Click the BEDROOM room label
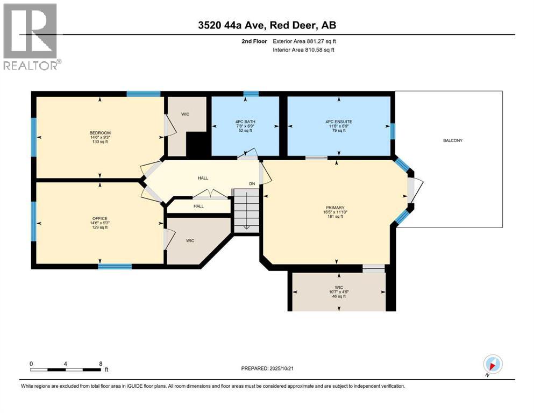(x=100, y=133)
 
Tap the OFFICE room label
(x=100, y=218)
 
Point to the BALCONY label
(x=452, y=140)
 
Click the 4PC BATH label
(x=245, y=122)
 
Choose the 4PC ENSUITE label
(x=339, y=122)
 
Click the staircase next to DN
(x=245, y=211)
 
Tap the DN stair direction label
(x=251, y=184)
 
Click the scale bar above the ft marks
(x=66, y=369)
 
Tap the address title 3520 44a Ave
(x=267, y=25)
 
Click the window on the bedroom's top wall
(x=143, y=94)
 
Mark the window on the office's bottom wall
(x=115, y=266)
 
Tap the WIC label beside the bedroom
(x=185, y=114)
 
